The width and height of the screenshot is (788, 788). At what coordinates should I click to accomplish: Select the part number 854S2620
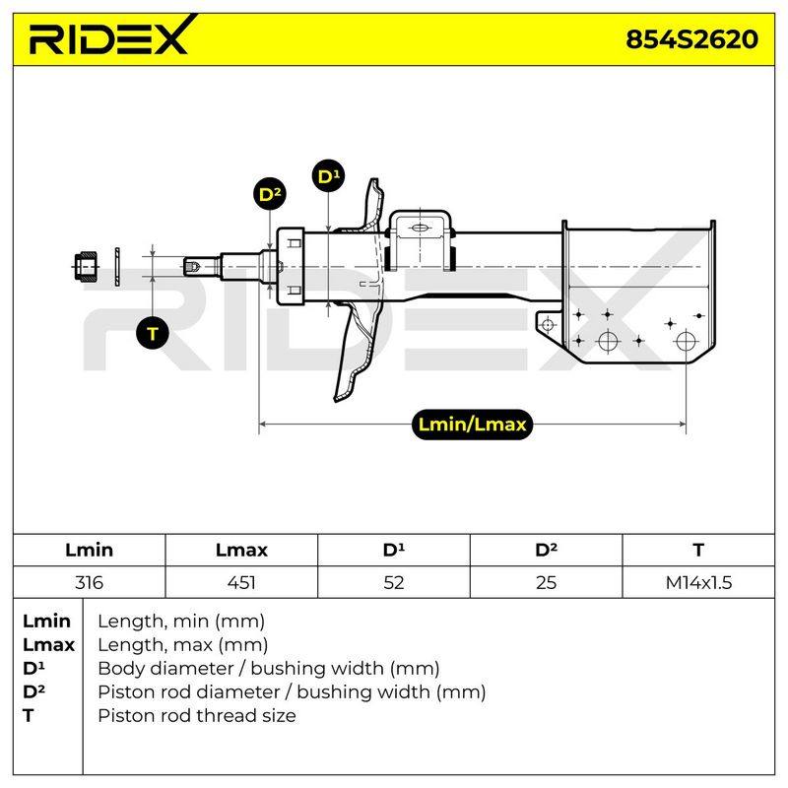pyautogui.click(x=691, y=39)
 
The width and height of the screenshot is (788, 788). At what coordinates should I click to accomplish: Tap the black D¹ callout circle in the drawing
pyautogui.click(x=329, y=176)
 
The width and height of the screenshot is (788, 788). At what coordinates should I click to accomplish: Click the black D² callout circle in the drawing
pyautogui.click(x=270, y=194)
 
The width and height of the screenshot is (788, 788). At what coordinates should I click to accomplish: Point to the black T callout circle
pyautogui.click(x=153, y=333)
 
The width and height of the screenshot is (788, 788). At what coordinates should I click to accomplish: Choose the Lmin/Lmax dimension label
pyautogui.click(x=472, y=425)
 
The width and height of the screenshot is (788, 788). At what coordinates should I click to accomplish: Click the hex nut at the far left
pyautogui.click(x=86, y=266)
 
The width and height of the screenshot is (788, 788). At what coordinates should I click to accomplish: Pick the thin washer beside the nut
pyautogui.click(x=117, y=266)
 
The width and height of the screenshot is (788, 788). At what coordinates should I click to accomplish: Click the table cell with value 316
pyautogui.click(x=89, y=582)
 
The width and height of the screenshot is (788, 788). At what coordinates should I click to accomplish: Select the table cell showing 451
pyautogui.click(x=241, y=582)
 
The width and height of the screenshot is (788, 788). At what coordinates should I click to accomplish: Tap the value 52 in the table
pyautogui.click(x=393, y=582)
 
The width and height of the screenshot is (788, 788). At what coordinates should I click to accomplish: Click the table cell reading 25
pyautogui.click(x=547, y=582)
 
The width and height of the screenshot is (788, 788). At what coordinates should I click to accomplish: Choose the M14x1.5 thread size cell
pyautogui.click(x=698, y=582)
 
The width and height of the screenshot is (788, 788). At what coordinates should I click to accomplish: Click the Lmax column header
pyautogui.click(x=241, y=550)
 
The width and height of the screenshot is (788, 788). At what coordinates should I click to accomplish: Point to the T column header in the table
pyautogui.click(x=698, y=550)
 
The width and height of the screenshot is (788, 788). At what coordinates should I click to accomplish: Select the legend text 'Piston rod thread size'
pyautogui.click(x=196, y=715)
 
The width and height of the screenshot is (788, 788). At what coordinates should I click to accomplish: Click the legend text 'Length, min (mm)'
pyautogui.click(x=181, y=622)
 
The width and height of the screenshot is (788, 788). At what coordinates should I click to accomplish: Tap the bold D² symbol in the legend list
pyautogui.click(x=33, y=691)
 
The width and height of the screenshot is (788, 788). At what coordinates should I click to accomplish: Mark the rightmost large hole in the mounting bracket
pyautogui.click(x=686, y=341)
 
